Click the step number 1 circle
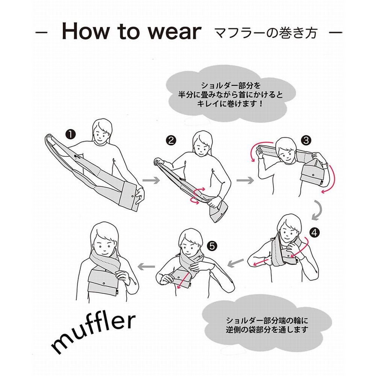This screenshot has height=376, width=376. [71, 134]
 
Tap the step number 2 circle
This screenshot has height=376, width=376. [171, 140]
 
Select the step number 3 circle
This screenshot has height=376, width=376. [306, 140]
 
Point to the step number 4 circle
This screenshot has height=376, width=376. [314, 232]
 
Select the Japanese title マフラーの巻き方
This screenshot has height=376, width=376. [266, 33]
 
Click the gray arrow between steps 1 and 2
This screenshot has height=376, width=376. [151, 180]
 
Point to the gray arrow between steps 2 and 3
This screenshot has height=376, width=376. [245, 180]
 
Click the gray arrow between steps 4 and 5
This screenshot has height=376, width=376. [235, 263]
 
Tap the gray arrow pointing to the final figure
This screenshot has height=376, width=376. [147, 266]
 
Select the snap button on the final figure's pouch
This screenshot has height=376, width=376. [104, 283]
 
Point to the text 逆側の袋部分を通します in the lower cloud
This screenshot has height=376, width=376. [267, 329]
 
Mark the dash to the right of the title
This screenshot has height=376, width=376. [335, 33]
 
